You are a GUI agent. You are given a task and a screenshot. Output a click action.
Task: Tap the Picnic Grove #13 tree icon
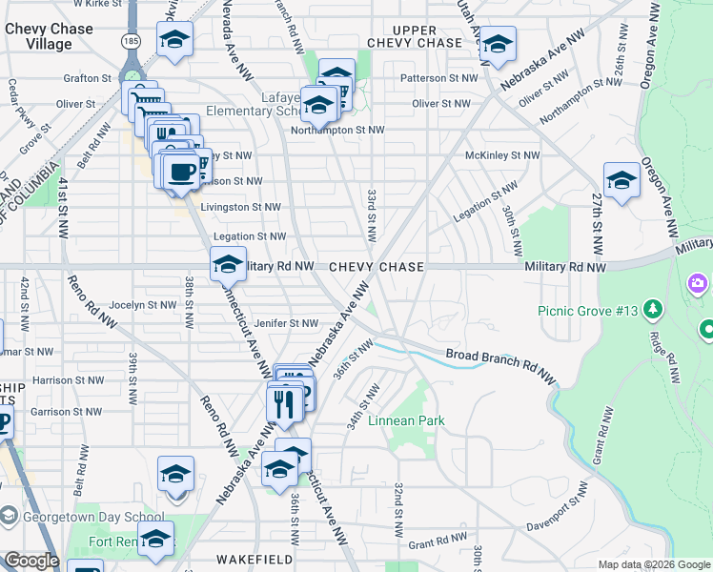[x=653, y=309]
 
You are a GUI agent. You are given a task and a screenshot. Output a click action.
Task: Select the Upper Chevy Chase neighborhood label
[x=414, y=37]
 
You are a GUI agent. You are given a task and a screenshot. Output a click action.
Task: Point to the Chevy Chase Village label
[x=49, y=36]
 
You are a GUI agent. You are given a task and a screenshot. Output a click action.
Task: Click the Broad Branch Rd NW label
[x=499, y=365]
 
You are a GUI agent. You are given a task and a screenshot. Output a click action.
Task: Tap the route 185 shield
[x=131, y=41]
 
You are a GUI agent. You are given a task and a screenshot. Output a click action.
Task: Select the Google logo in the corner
[x=31, y=561]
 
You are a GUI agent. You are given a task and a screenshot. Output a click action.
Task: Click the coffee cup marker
[x=180, y=171]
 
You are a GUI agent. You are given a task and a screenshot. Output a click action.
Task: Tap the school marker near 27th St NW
[x=621, y=180]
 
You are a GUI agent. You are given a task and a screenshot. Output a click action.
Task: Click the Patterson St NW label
[x=438, y=78]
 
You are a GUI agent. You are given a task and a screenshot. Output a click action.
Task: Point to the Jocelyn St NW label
[x=143, y=305]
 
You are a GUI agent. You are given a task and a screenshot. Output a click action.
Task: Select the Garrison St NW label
[x=65, y=412]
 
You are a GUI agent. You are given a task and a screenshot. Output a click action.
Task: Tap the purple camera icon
[x=698, y=283]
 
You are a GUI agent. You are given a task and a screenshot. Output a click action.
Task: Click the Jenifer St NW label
[x=285, y=324]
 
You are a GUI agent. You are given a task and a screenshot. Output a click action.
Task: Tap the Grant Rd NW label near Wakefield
[x=435, y=545]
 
